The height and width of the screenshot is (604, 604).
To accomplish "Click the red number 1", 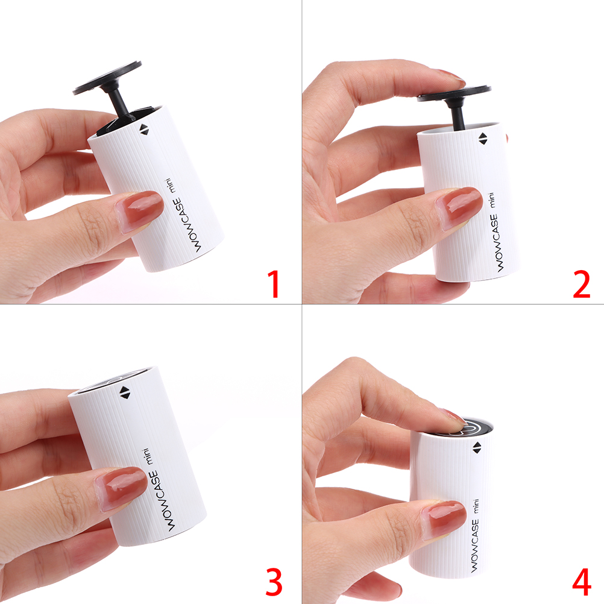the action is click(x=274, y=284).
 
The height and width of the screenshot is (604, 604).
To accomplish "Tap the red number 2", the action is click(x=581, y=284).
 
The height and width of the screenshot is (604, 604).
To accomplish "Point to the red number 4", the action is click(x=582, y=582).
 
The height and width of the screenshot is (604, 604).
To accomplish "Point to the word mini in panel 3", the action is click(x=148, y=456).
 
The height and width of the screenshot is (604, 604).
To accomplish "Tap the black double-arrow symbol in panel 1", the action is click(x=144, y=130).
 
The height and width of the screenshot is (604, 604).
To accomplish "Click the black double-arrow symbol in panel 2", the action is click(x=483, y=139).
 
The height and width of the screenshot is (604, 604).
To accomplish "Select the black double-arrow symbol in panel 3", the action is click(x=125, y=393).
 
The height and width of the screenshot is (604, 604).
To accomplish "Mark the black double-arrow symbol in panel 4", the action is click(x=477, y=448).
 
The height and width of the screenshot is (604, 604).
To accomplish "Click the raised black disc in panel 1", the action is click(x=107, y=77).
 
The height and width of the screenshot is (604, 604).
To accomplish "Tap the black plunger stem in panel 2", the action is click(x=458, y=116).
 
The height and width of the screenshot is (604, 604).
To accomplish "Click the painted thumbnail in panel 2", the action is click(x=459, y=207).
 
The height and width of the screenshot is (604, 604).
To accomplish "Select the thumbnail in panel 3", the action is click(x=121, y=488).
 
